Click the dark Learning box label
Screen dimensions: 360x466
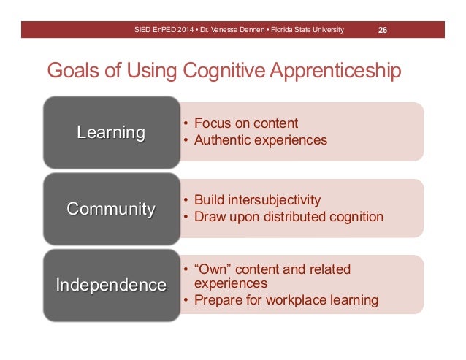[x=111, y=132]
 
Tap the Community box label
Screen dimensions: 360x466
[x=111, y=209]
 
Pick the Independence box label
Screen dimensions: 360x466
[x=111, y=285]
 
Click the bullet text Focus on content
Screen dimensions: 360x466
[x=246, y=123]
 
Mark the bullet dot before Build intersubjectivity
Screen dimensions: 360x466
[x=186, y=200]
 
